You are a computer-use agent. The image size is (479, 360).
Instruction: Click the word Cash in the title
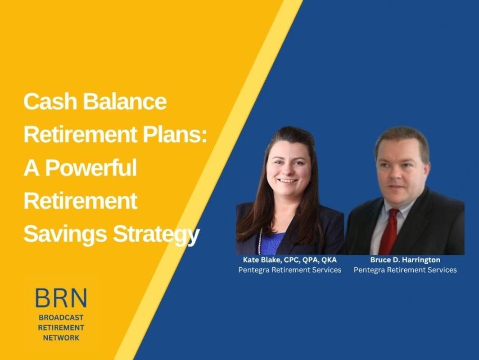50,101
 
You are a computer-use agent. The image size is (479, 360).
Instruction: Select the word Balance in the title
125,101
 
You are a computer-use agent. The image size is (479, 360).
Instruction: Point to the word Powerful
91,168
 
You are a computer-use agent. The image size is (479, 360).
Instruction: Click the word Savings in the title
65,234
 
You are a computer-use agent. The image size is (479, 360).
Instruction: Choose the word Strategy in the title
156,234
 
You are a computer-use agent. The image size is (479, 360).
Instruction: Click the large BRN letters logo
61,298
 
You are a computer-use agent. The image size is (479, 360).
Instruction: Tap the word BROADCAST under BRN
61,318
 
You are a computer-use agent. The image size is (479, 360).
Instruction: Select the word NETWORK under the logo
61,337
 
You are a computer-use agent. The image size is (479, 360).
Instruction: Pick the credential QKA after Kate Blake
329,260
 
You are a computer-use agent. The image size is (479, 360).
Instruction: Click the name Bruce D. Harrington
405,260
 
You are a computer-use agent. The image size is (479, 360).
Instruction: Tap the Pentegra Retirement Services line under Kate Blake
289,270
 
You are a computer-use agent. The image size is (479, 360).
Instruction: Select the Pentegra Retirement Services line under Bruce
405,270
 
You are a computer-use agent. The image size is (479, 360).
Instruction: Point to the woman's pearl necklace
260,241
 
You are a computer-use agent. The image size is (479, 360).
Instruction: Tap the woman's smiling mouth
289,181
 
